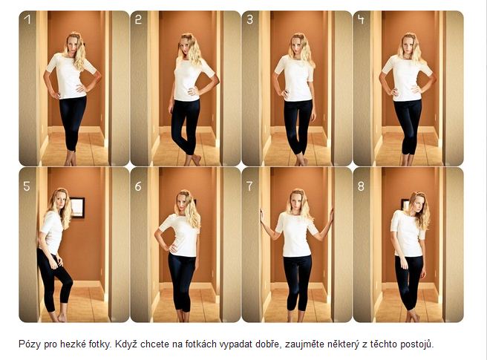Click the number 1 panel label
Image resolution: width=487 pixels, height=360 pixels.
pyautogui.click(x=27, y=19)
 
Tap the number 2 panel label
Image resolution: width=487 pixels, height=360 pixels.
pyautogui.click(x=138, y=19)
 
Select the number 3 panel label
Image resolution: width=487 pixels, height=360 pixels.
pyautogui.click(x=250, y=19)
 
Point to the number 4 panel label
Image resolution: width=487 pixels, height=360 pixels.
pyautogui.click(x=361, y=19)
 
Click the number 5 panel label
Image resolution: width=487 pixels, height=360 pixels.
pyautogui.click(x=27, y=186)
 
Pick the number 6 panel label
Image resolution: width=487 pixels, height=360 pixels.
pyautogui.click(x=138, y=186)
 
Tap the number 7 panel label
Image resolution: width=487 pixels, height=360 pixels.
pyautogui.click(x=249, y=186)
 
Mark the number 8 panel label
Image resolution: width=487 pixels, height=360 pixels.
pyautogui.click(x=361, y=186)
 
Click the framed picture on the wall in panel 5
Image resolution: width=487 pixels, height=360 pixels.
pyautogui.click(x=76, y=207)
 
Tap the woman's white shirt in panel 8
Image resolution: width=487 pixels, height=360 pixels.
pyautogui.click(x=408, y=234)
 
